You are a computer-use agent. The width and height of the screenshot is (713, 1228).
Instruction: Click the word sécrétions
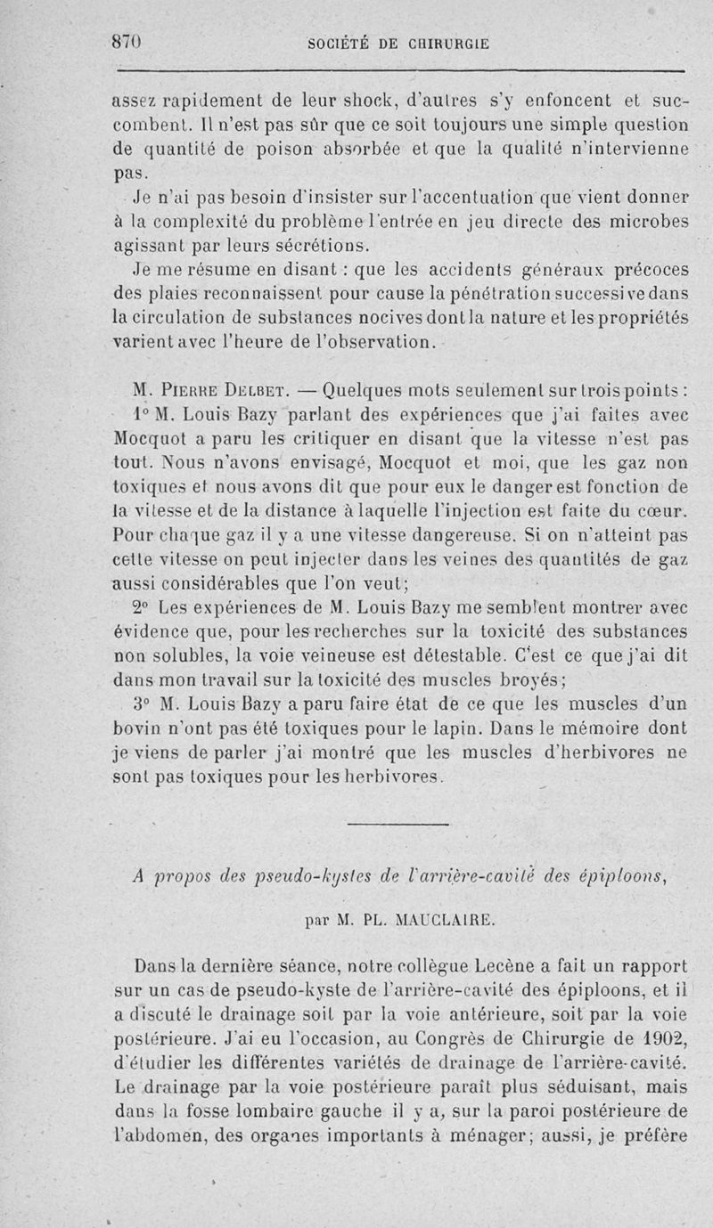click(x=306, y=246)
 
